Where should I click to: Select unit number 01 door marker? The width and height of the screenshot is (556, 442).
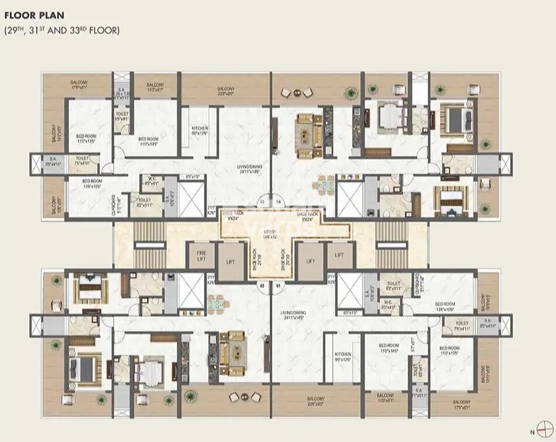coord(278,286)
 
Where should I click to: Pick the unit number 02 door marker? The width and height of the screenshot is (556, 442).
coord(263,286)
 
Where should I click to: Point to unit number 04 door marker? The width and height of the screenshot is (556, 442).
coord(278,201)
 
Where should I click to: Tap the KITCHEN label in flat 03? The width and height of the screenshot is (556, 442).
coord(200,130)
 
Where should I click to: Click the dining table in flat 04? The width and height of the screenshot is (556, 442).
coord(324,188)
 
